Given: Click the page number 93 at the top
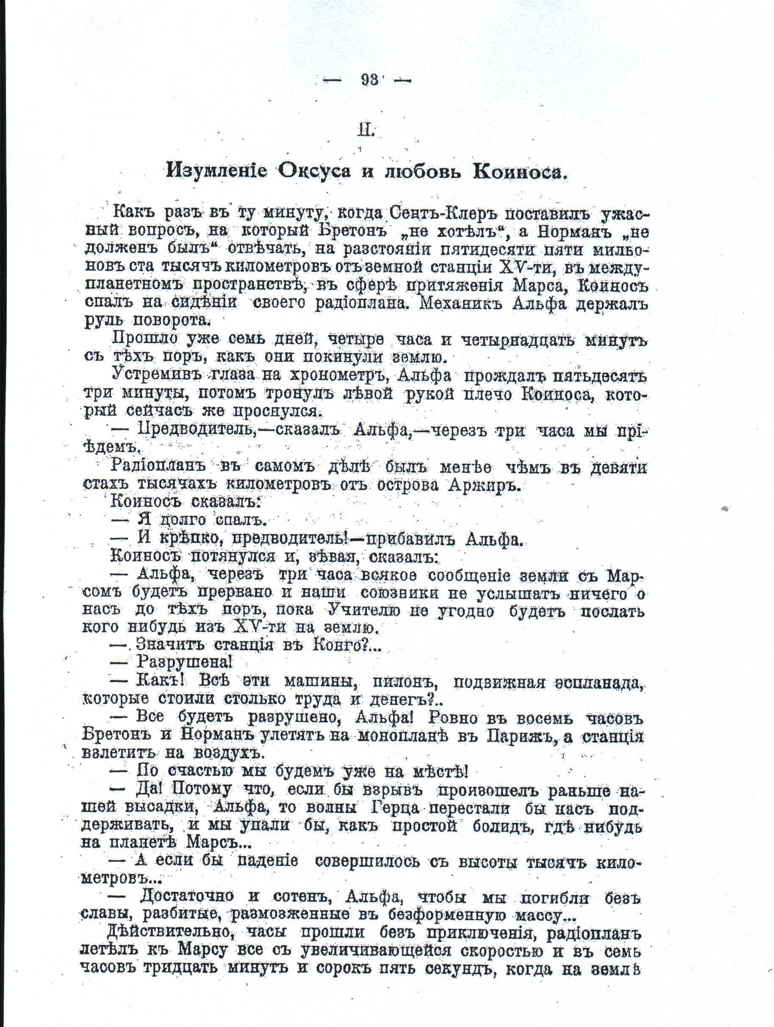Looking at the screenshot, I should tap(369, 80).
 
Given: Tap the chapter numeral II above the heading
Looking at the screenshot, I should tap(366, 130).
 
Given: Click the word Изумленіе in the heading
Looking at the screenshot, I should tap(217, 171).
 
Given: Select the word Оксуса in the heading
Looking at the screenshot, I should tap(314, 171).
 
